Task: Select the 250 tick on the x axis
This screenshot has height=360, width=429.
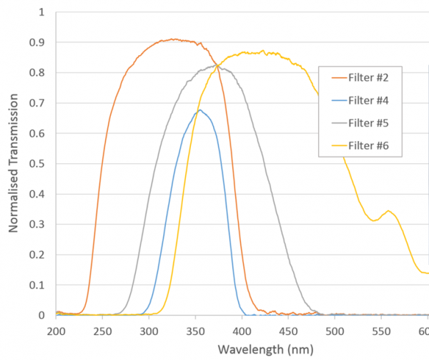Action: [x=102, y=330]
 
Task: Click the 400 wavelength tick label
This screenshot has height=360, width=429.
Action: [x=242, y=330]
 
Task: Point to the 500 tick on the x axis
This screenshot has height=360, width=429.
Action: [x=335, y=330]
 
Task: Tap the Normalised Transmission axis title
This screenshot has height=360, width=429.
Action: [x=14, y=164]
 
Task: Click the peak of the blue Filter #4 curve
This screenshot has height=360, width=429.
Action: [x=200, y=110]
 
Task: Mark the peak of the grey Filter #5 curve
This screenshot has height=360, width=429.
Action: [x=217, y=65]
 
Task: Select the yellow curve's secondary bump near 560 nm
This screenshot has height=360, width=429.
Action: [x=388, y=211]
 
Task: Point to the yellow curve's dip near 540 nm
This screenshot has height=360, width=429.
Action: [x=373, y=220]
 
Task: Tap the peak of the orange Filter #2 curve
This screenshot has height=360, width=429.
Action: [x=172, y=39]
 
